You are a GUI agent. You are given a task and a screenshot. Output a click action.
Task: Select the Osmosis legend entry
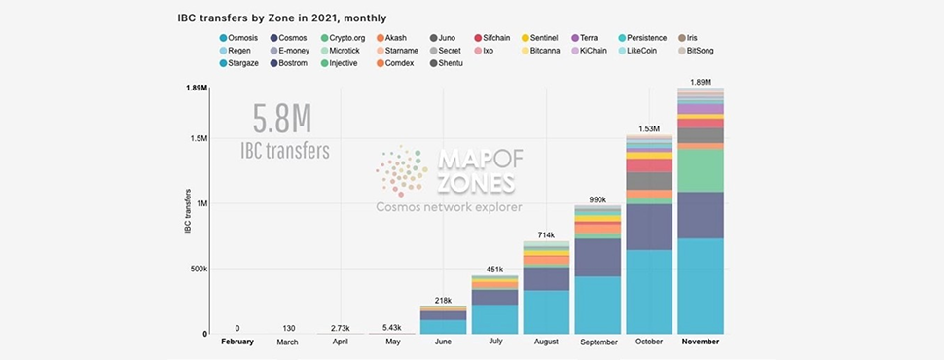pyautogui.click(x=239, y=38)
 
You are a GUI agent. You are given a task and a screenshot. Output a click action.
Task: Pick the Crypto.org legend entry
pyautogui.click(x=343, y=38)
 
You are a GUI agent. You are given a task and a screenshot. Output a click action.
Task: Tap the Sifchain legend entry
pyautogui.click(x=491, y=38)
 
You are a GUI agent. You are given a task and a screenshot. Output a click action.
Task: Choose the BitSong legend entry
pyautogui.click(x=696, y=51)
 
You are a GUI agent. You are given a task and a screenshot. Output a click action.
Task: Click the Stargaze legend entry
pyautogui.click(x=239, y=63)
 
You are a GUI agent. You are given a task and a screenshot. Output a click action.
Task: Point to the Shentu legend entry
pyautogui.click(x=446, y=63)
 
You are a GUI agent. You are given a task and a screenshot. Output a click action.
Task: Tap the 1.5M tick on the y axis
pyautogui.click(x=199, y=138)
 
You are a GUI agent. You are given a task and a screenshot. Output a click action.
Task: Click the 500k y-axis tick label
pyautogui.click(x=198, y=269)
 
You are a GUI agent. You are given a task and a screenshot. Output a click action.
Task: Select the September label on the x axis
pyautogui.click(x=599, y=342)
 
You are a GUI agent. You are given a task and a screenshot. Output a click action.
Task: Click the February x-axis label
pyautogui.click(x=237, y=342)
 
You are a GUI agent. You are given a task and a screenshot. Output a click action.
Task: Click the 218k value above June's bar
pyautogui.click(x=443, y=301)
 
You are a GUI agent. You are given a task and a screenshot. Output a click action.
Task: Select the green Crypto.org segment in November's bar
pyautogui.click(x=701, y=170)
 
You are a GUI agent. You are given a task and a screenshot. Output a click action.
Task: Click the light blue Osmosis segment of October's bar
pyautogui.click(x=649, y=292)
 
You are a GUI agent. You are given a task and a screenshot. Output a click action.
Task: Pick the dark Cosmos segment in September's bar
pyautogui.click(x=598, y=258)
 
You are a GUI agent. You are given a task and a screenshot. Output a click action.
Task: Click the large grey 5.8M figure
pyautogui.click(x=282, y=120)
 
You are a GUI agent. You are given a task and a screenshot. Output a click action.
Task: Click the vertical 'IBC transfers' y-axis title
pyautogui.click(x=188, y=211)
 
